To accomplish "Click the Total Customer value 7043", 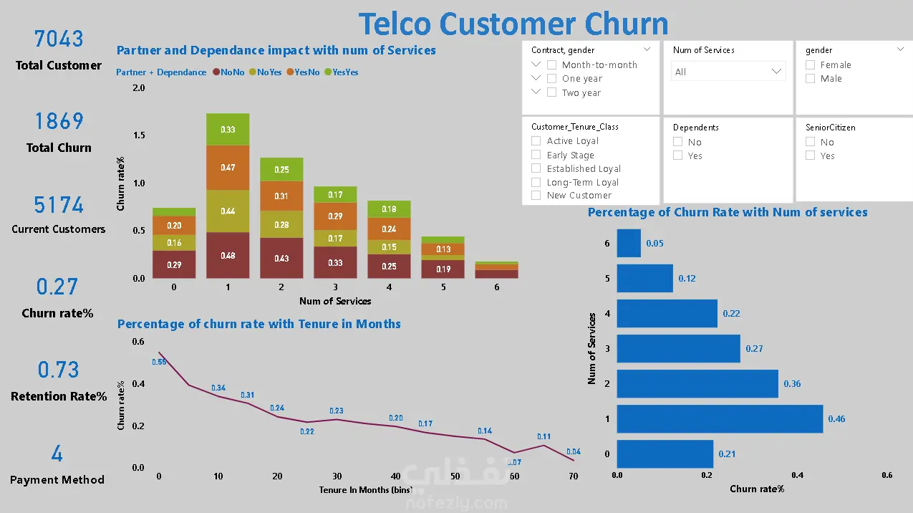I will coord(59,39).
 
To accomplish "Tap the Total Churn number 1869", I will coord(59,121).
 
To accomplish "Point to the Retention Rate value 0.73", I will coord(58,370).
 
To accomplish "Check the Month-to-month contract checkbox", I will coord(551,64).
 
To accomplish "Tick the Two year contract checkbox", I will coord(551,92).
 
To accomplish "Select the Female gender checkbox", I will coord(810,64).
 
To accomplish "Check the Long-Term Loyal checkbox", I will coord(536,182).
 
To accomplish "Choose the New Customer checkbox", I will coord(536,195).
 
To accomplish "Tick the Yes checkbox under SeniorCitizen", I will coord(810,155).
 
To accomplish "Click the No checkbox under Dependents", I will coord(677,142).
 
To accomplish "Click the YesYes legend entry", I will coord(342,72).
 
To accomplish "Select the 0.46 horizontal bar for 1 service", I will coord(720,418).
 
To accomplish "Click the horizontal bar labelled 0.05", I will coord(629,243).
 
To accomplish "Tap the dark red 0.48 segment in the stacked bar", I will coord(228,255).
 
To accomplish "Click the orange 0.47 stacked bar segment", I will coord(228,168).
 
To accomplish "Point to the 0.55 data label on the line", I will coord(159,362).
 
